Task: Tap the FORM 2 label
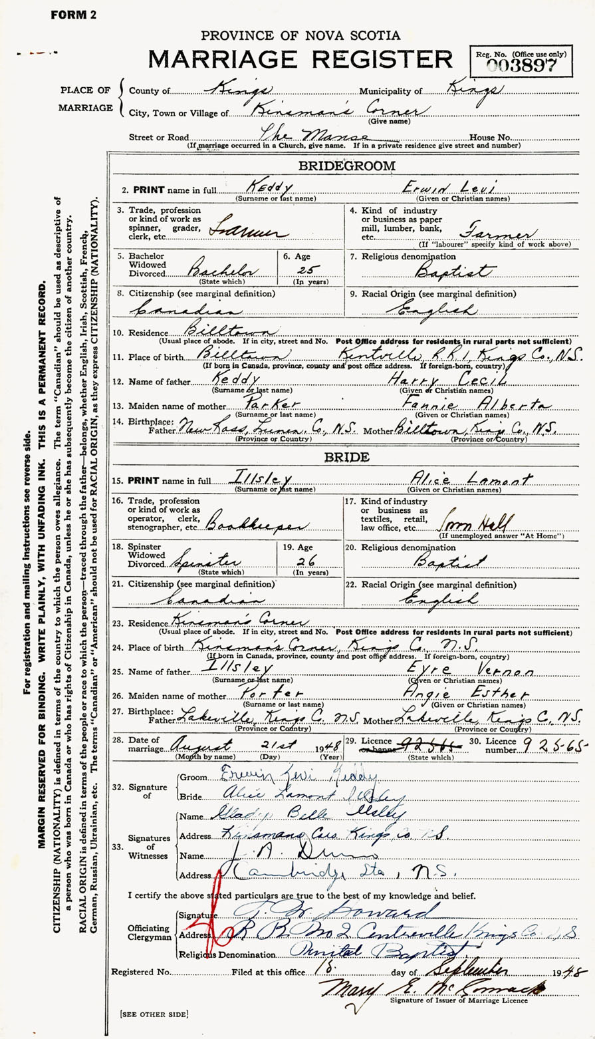tap(74, 15)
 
